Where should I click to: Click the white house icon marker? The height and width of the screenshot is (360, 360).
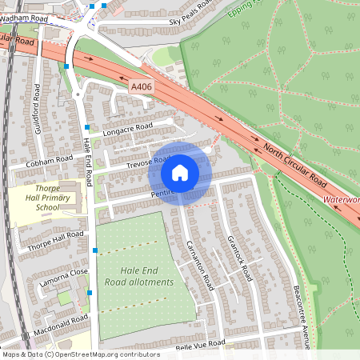click(180, 171)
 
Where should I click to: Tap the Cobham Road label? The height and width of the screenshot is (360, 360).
click(49, 161)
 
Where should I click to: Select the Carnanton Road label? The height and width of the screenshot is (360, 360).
click(198, 265)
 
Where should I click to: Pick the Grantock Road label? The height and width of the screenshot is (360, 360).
click(239, 256)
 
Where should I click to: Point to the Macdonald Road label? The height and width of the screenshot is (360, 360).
click(61, 324)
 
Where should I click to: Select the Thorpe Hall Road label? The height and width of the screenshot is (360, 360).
click(56, 239)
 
